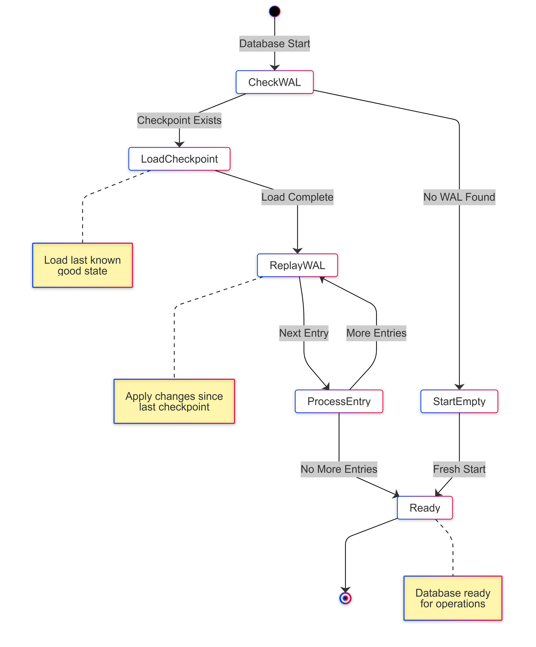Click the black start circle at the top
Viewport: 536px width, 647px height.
[274, 11]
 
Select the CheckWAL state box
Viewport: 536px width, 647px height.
[274, 82]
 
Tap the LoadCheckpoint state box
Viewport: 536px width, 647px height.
[179, 159]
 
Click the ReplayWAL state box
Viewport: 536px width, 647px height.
[297, 265]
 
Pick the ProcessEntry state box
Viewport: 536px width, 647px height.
[339, 401]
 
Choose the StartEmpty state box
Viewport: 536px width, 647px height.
[459, 401]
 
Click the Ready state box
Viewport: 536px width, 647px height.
[424, 508]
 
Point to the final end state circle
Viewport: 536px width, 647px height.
[345, 598]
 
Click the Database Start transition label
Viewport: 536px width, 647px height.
[274, 44]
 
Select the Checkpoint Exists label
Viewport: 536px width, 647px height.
[179, 120]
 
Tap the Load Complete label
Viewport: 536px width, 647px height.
[297, 197]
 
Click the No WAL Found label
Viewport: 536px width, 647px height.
[459, 197]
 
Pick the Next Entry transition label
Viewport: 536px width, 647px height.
[304, 333]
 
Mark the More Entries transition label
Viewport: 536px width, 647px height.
[376, 333]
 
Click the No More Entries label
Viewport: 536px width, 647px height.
[339, 469]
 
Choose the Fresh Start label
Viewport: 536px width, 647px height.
[459, 469]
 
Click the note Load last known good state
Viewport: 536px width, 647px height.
[82, 265]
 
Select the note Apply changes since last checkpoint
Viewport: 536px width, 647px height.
[174, 401]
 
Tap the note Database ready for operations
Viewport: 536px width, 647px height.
[453, 598]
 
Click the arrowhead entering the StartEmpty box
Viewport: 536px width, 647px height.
[459, 387]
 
